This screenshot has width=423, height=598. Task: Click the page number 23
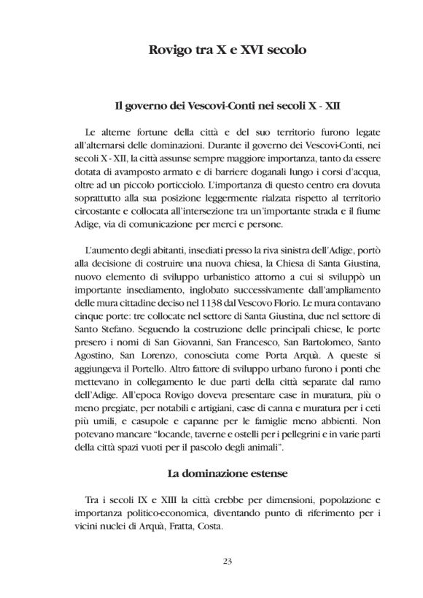click(x=225, y=560)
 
